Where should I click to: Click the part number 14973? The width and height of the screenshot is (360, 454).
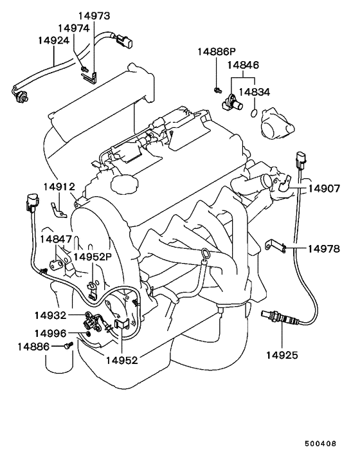tap(94, 15)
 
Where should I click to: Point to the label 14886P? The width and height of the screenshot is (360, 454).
tap(217, 51)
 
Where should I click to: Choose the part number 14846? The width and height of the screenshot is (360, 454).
tap(243, 66)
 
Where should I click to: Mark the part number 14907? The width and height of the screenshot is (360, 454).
tap(325, 189)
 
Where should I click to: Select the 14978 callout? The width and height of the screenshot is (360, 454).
tap(325, 248)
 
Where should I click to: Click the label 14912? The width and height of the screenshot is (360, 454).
tap(60, 187)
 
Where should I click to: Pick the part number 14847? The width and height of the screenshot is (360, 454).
tap(56, 239)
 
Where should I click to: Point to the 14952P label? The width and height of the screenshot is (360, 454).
tap(93, 256)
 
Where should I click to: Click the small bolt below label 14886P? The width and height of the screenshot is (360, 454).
tap(217, 87)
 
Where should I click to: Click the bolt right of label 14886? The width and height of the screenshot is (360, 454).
tap(66, 347)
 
